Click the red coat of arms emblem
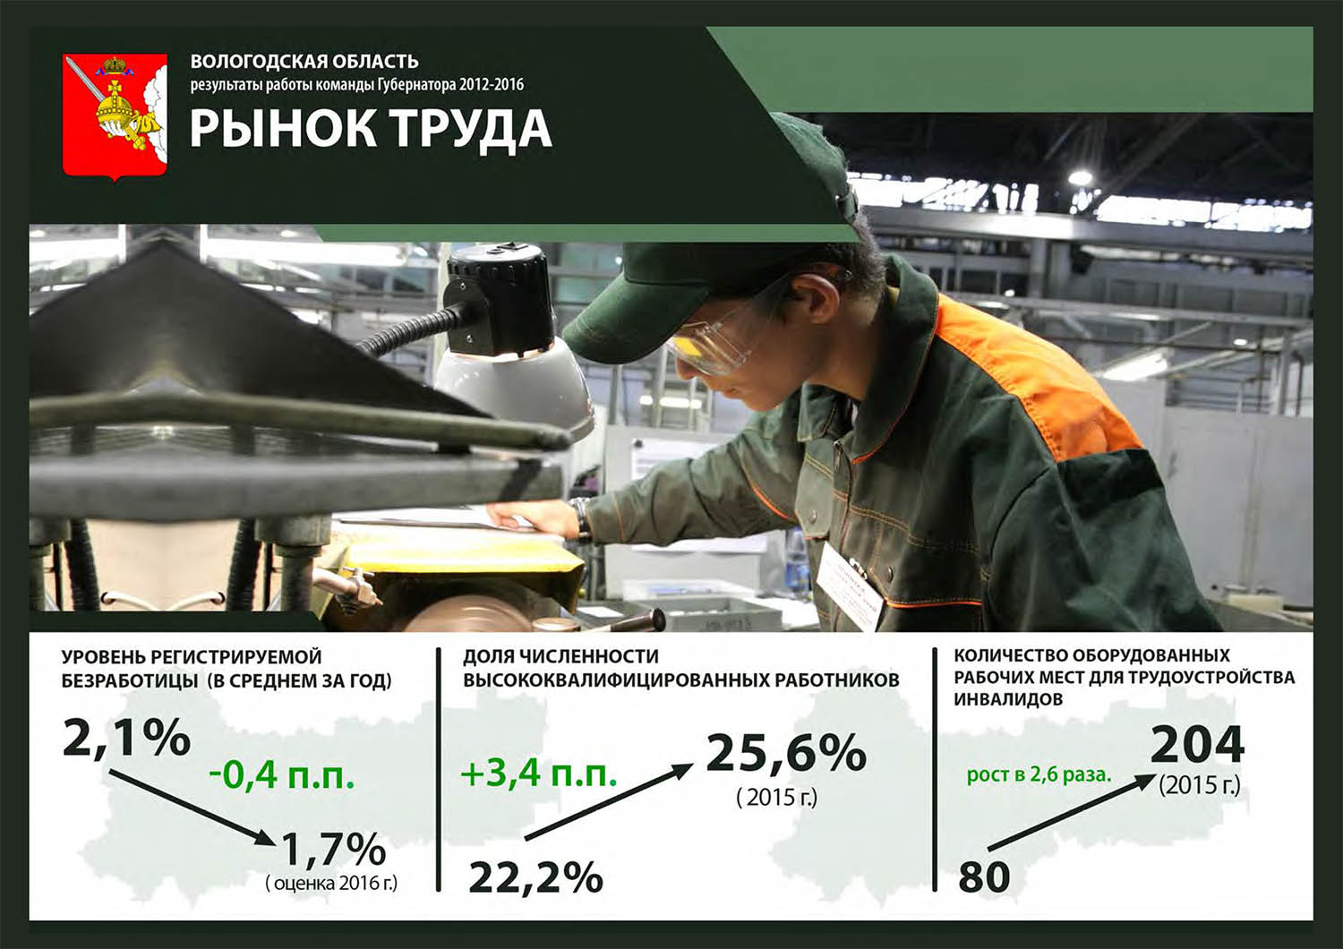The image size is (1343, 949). click(x=115, y=117)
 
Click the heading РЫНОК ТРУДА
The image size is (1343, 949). click(x=372, y=130)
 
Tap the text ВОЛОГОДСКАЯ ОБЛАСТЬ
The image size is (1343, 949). click(x=304, y=61)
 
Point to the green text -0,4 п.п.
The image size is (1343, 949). click(x=282, y=776)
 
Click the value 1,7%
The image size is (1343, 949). click(x=333, y=849)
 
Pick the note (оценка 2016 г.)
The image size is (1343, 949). click(x=331, y=883)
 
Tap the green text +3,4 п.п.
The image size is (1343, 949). click(x=539, y=774)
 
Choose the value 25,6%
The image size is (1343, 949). click(x=786, y=754)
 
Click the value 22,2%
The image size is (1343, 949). click(x=535, y=877)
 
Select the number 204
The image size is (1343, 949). click(x=1197, y=745)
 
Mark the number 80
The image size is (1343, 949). click(x=984, y=876)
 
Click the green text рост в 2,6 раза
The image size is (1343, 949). click(x=1039, y=775)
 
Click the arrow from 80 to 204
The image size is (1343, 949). click(x=1072, y=812)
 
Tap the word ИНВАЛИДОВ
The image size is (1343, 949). click(x=1008, y=699)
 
